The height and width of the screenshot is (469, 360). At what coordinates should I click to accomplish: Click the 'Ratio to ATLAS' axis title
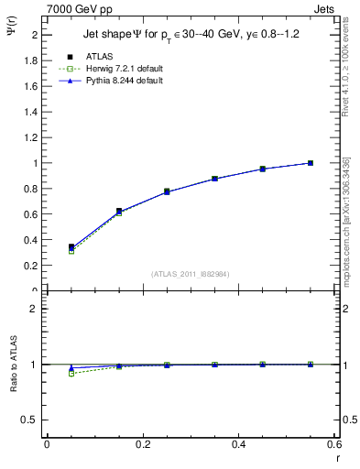point(13,392)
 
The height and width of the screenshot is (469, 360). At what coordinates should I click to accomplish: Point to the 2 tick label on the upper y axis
point(34,35)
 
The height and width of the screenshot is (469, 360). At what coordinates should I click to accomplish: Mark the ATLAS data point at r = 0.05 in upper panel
point(71,246)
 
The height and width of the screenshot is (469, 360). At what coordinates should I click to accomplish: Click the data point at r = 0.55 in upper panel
point(311,163)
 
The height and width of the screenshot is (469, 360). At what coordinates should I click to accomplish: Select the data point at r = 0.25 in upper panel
point(167,191)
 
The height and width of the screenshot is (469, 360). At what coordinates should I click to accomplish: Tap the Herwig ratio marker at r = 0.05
point(71,374)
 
